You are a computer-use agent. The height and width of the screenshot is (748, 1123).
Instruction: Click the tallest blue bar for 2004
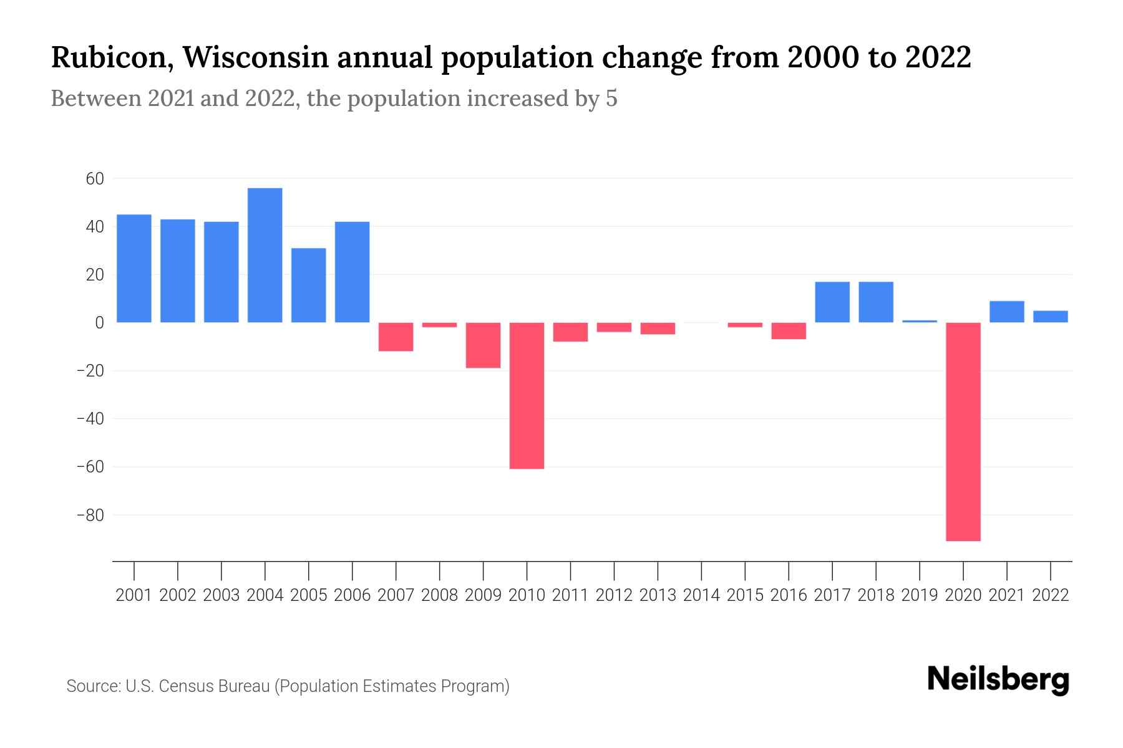click(265, 255)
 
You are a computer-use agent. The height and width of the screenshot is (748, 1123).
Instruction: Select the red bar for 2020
click(963, 431)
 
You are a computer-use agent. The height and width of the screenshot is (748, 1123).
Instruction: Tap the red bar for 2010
click(527, 395)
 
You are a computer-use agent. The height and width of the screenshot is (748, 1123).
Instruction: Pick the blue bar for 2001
click(134, 268)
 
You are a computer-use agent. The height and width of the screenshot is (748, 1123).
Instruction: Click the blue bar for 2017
click(832, 302)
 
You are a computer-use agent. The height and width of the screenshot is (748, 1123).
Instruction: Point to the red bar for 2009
click(483, 345)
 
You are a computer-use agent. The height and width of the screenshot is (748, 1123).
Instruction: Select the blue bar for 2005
click(308, 285)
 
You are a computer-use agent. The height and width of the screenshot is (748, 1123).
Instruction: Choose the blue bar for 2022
click(1051, 316)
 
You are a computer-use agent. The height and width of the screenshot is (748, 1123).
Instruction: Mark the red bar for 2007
click(396, 337)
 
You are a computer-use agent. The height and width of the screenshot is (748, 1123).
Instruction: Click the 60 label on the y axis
click(95, 179)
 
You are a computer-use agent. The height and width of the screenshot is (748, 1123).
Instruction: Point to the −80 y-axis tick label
click(90, 515)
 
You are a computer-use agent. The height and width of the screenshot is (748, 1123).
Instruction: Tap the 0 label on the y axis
click(99, 323)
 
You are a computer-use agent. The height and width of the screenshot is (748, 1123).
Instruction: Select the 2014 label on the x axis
click(701, 595)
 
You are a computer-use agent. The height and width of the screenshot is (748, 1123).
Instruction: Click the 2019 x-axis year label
click(920, 595)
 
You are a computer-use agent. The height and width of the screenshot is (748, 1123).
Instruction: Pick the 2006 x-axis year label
click(352, 595)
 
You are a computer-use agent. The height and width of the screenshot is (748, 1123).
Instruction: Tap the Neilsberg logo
click(998, 679)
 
